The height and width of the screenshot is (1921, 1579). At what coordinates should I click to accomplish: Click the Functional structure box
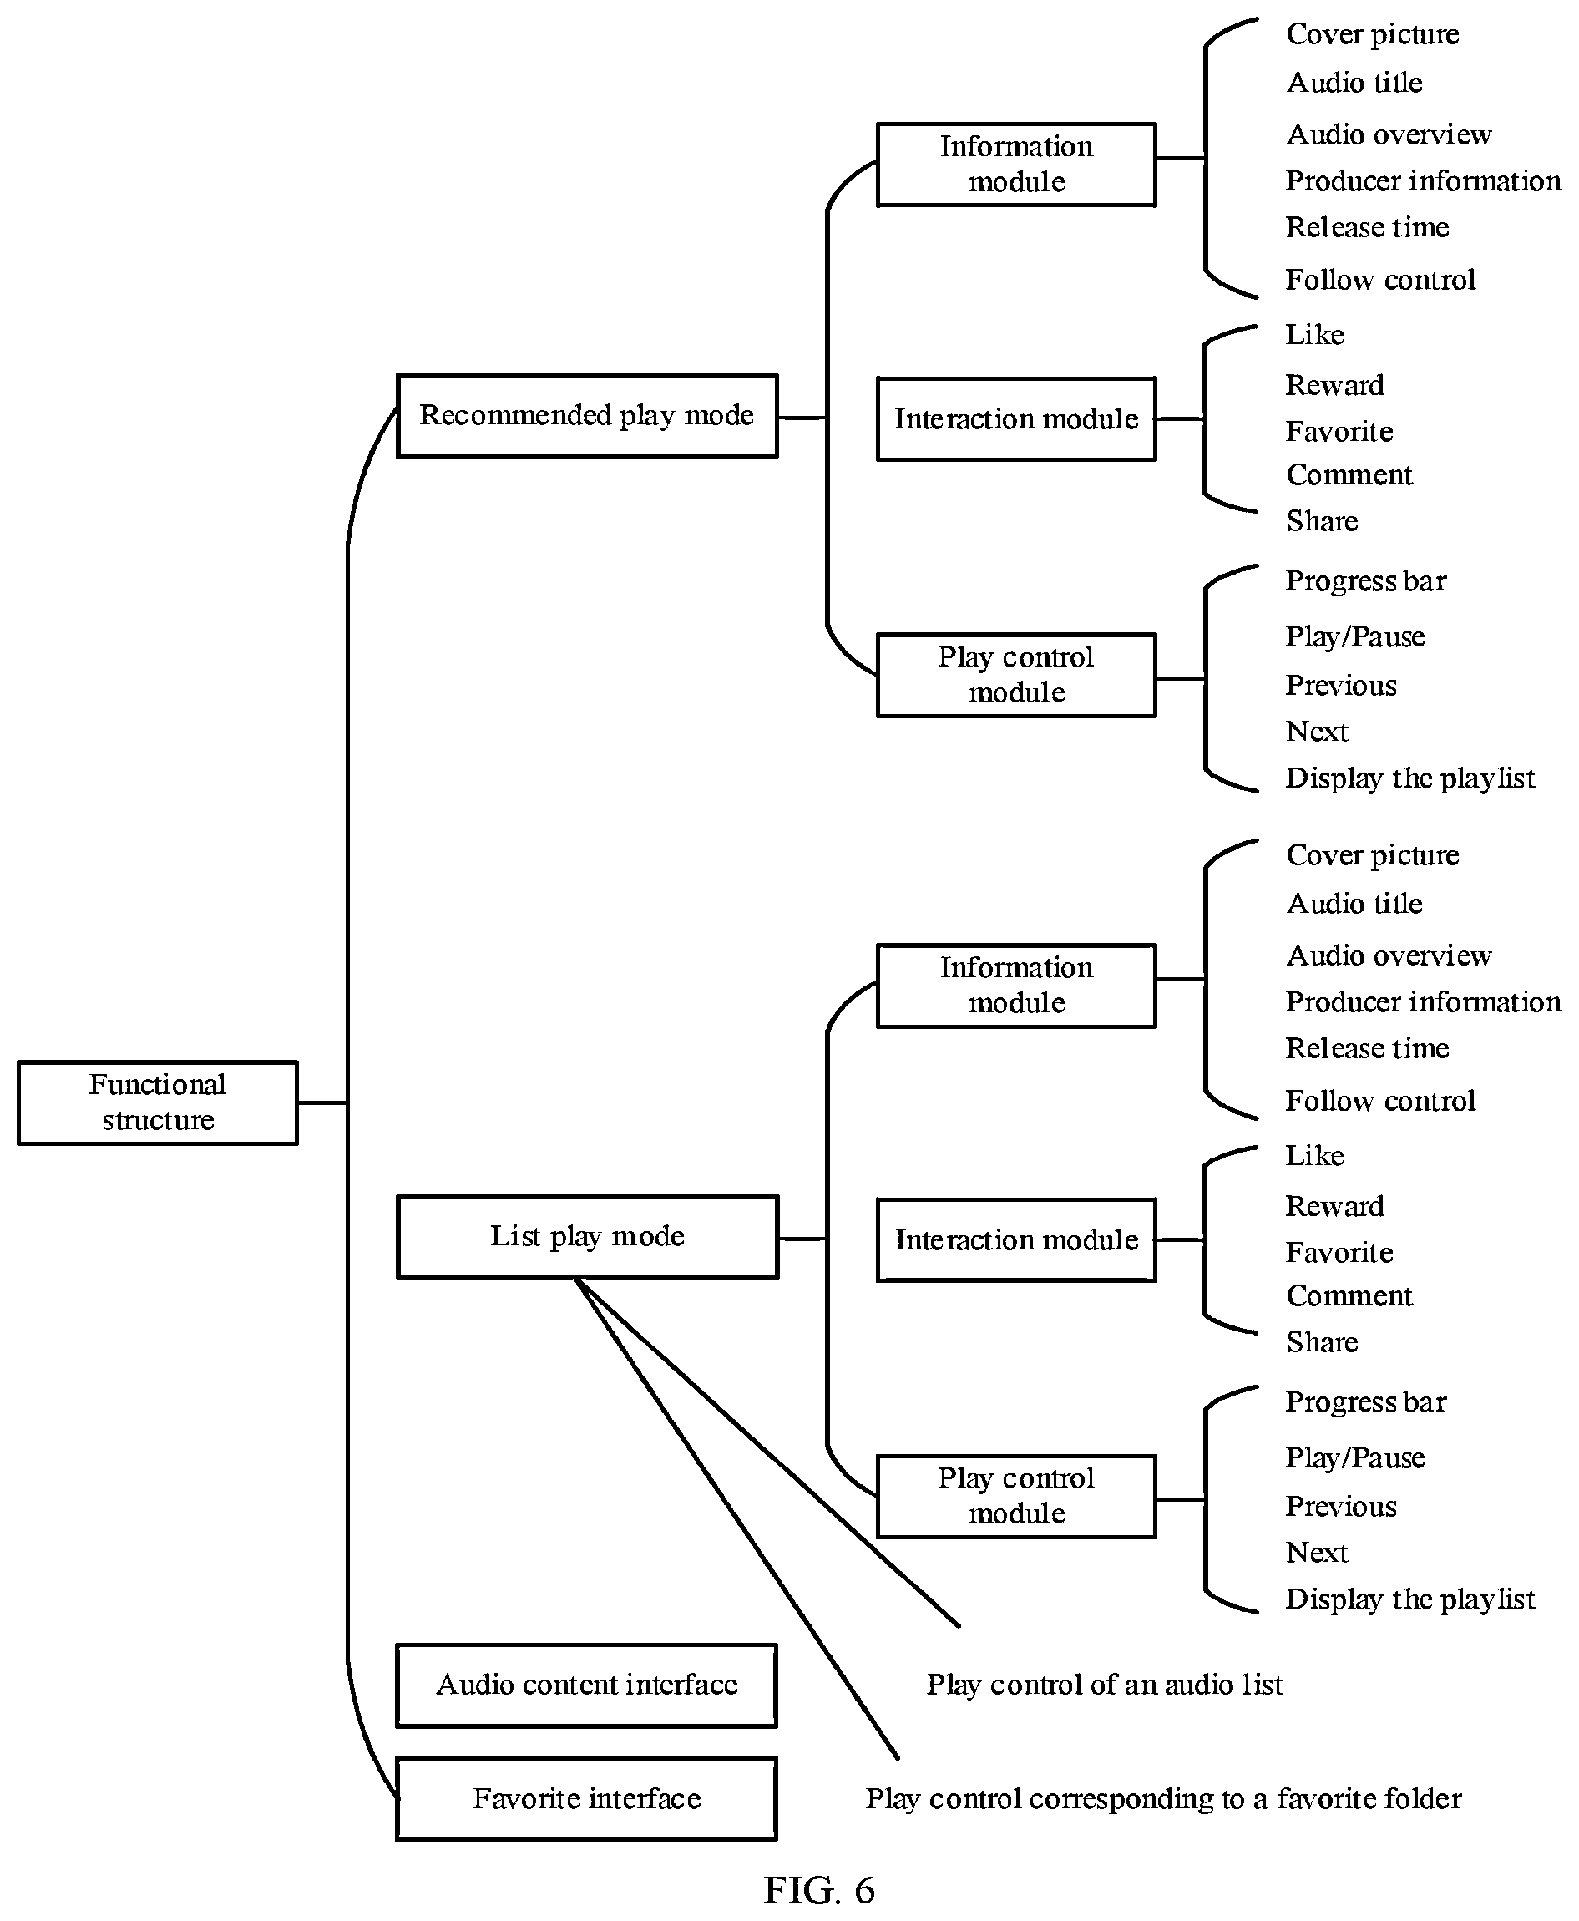click(157, 1102)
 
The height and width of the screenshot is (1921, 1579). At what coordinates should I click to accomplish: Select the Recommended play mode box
click(587, 416)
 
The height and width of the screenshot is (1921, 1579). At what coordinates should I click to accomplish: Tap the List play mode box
click(587, 1236)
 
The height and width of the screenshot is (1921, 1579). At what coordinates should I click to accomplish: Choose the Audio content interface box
click(587, 1685)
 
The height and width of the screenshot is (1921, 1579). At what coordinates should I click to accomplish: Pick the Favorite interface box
click(587, 1798)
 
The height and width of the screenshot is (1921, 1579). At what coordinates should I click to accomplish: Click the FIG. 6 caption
click(818, 1890)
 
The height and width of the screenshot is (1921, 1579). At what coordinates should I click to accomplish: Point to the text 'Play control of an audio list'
click(1104, 1685)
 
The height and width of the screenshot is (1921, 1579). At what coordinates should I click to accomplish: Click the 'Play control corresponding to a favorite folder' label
click(1163, 1798)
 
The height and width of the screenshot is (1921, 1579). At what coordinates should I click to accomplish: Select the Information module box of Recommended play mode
click(1016, 165)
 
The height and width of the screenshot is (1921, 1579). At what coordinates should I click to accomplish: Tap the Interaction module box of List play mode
click(1016, 1239)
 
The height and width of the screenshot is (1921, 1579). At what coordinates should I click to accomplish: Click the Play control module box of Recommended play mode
click(1016, 675)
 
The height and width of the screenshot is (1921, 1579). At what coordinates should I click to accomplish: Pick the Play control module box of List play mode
click(1016, 1496)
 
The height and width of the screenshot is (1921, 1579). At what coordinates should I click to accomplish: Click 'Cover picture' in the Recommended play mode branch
click(1373, 34)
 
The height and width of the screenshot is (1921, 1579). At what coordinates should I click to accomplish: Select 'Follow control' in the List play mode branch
click(1379, 1101)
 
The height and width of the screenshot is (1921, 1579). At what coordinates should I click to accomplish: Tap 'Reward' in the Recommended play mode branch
click(1334, 385)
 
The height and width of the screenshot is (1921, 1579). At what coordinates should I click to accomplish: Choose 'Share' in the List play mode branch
click(1322, 1341)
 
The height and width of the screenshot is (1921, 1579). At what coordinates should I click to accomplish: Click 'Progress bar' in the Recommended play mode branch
click(1365, 581)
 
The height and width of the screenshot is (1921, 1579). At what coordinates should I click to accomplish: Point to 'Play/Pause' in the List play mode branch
click(1354, 1457)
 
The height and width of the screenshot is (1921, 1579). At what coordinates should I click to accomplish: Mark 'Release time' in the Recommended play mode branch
click(1367, 226)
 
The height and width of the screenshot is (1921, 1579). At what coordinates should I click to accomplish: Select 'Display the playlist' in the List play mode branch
click(1409, 1599)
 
